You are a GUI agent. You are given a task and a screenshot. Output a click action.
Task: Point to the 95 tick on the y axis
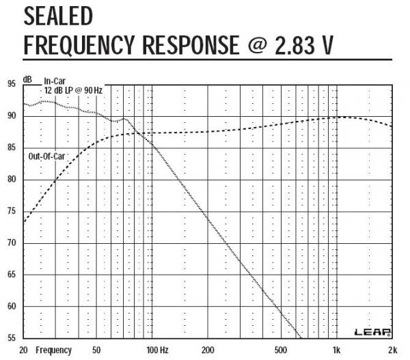pos(10,84)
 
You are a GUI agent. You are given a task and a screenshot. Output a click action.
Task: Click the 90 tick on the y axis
pos(10,116)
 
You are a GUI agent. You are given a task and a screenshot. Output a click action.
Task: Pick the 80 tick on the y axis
pos(10,180)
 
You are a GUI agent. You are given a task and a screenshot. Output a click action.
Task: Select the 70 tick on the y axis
pos(10,243)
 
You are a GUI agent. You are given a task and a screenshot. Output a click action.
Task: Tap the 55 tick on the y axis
pos(10,338)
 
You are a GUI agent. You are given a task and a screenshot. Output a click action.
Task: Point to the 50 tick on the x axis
pos(96,350)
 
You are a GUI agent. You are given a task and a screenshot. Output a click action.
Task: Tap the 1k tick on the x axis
pos(335,350)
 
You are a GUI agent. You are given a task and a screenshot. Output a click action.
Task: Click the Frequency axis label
pos(54,350)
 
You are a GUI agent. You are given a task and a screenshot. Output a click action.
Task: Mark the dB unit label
pos(28,80)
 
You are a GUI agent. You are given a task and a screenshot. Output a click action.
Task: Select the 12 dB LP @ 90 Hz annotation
pos(73,90)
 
